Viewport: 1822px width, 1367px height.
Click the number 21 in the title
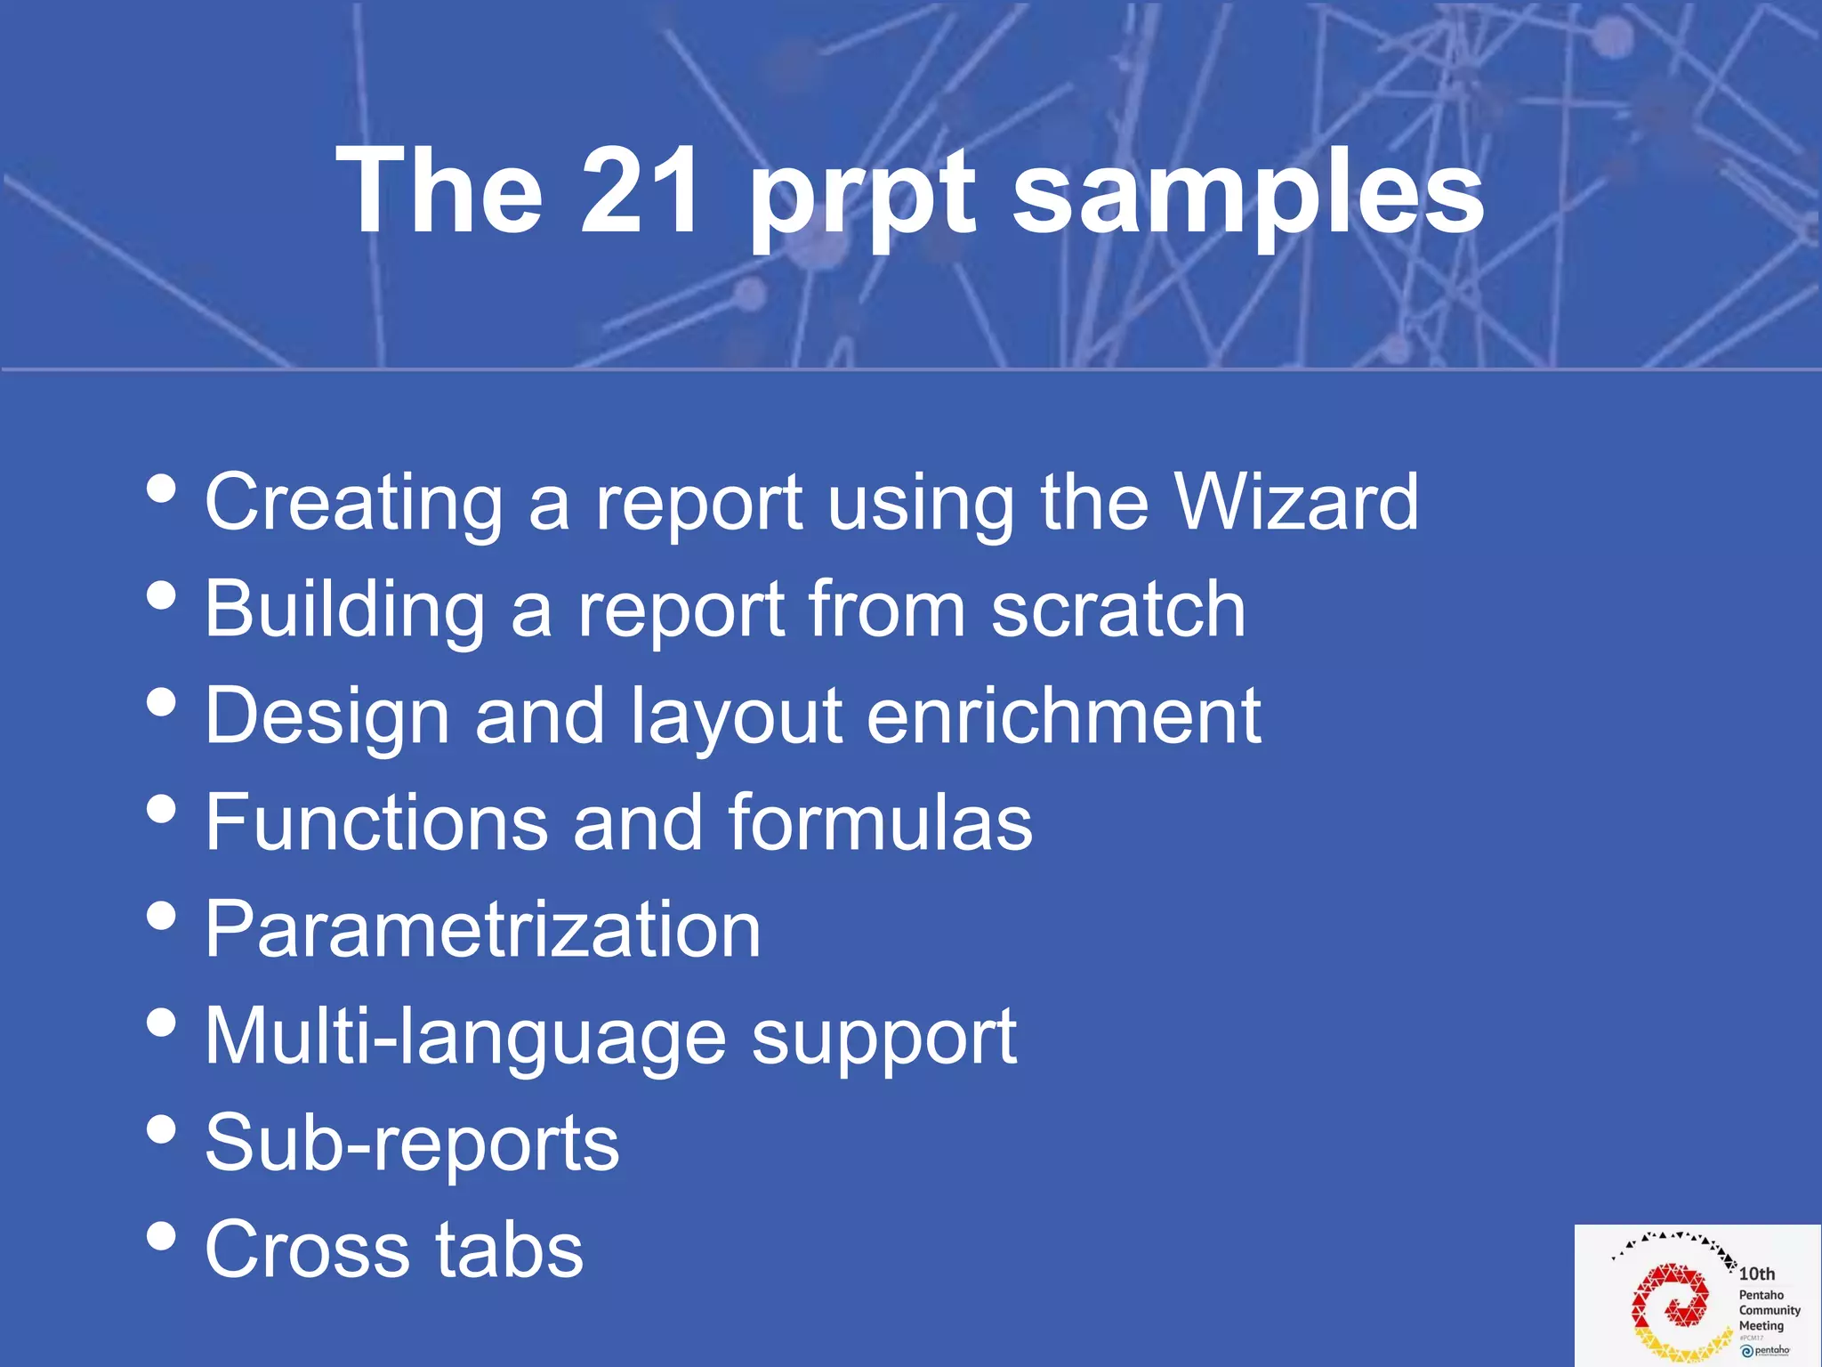(639, 191)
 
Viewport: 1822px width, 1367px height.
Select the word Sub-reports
(412, 1145)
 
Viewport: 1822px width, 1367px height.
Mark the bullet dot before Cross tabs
(161, 1236)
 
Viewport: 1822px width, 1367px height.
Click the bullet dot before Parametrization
(161, 916)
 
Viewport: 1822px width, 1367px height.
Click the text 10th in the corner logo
(1757, 1274)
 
